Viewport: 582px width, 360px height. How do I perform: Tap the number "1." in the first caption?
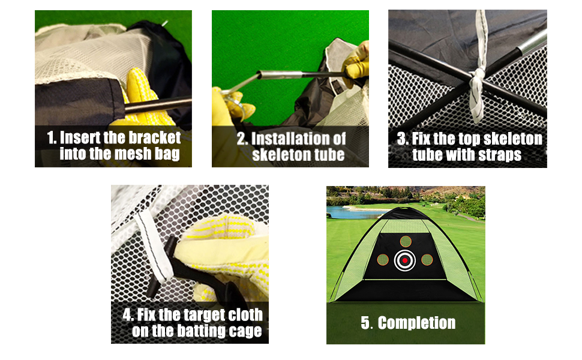click(x=53, y=138)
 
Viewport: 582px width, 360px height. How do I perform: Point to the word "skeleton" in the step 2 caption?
click(x=281, y=154)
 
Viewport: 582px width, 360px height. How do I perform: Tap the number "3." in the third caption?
click(x=404, y=139)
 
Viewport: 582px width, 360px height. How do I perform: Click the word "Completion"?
click(x=416, y=323)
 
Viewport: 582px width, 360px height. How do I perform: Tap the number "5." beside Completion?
click(x=367, y=323)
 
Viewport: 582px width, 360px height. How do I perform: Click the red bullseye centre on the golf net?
click(x=406, y=260)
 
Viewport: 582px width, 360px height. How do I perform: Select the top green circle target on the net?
click(x=406, y=241)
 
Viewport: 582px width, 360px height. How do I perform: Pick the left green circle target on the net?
click(x=383, y=260)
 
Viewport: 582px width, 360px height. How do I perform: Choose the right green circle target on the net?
click(x=427, y=260)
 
